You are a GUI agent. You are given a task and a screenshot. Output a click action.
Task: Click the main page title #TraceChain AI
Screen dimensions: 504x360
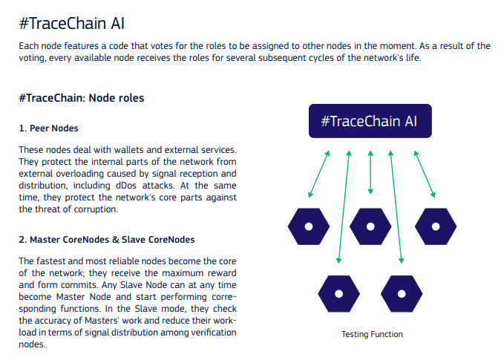tap(72, 24)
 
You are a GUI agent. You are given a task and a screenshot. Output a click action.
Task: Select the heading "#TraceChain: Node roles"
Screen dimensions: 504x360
tap(82, 98)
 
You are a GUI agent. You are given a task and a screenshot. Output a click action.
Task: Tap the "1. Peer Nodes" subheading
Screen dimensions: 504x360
tap(48, 128)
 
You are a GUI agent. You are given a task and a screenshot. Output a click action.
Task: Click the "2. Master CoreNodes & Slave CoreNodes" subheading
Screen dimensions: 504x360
tap(107, 240)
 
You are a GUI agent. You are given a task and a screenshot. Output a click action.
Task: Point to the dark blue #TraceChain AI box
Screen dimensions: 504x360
tap(370, 121)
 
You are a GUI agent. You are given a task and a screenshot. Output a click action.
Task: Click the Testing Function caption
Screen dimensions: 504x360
tap(372, 334)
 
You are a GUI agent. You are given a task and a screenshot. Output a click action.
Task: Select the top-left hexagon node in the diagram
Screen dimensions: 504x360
tap(309, 226)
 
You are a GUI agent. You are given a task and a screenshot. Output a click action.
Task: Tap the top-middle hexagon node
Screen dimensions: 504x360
tap(370, 226)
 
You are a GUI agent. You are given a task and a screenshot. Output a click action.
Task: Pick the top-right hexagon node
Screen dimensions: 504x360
tap(436, 226)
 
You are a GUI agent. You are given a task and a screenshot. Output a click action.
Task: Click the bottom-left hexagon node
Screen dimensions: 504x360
tap(338, 294)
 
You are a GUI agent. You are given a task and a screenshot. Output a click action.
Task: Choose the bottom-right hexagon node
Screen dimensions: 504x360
tap(402, 294)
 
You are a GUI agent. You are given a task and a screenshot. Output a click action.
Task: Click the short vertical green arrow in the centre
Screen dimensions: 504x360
tap(370, 172)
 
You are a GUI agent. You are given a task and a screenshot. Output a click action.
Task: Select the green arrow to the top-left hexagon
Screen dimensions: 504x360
tap(319, 174)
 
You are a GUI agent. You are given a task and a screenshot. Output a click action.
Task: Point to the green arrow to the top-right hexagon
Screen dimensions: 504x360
tap(425, 174)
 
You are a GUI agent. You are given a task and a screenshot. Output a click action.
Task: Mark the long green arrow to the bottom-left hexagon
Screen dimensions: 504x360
tap(344, 207)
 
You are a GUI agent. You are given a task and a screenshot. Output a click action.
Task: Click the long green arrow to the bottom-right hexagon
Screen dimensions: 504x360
tap(396, 207)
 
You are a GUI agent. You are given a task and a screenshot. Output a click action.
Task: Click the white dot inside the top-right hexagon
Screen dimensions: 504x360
tap(436, 226)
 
